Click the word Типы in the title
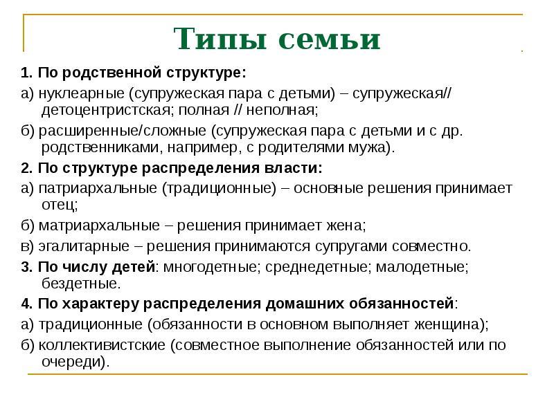[x=220, y=39]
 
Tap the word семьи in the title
[x=330, y=39]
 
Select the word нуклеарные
[x=81, y=93]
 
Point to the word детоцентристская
[x=106, y=111]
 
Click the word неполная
[x=282, y=110]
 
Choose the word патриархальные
[x=98, y=188]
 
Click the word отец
[x=59, y=205]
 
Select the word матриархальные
[x=99, y=225]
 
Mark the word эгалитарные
[x=84, y=246]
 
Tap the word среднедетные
[x=317, y=267]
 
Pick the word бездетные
[x=80, y=284]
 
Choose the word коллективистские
[x=102, y=345]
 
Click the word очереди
[x=73, y=362]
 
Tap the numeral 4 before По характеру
[x=25, y=304]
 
